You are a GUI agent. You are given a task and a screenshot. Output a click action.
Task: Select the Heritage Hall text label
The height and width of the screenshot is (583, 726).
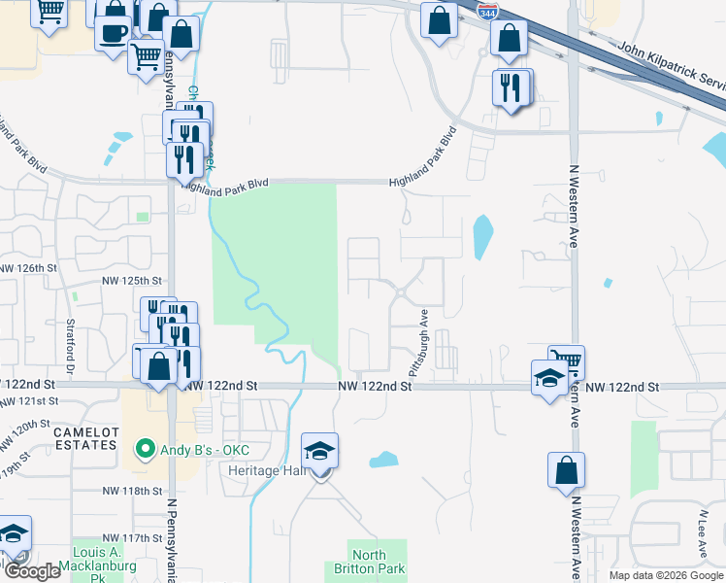[268, 469]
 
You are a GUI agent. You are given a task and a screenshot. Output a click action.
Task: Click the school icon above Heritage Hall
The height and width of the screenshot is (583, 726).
[319, 453]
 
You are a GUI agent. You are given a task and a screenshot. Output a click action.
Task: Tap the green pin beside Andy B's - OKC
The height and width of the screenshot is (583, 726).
[145, 450]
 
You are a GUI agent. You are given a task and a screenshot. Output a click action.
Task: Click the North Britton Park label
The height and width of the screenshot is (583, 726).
[377, 563]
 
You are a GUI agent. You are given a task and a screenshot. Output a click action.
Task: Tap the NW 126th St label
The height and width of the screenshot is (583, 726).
[29, 267]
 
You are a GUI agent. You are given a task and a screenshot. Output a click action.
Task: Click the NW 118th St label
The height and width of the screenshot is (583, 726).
[132, 491]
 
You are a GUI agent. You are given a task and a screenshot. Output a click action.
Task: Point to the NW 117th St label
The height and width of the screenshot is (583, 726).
[132, 537]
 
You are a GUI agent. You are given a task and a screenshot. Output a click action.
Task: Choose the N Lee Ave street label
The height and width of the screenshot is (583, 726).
[702, 530]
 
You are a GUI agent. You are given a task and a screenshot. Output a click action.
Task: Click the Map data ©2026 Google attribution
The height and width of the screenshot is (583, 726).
[665, 575]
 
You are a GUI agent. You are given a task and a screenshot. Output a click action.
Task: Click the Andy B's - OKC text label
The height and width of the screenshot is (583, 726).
[206, 450]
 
